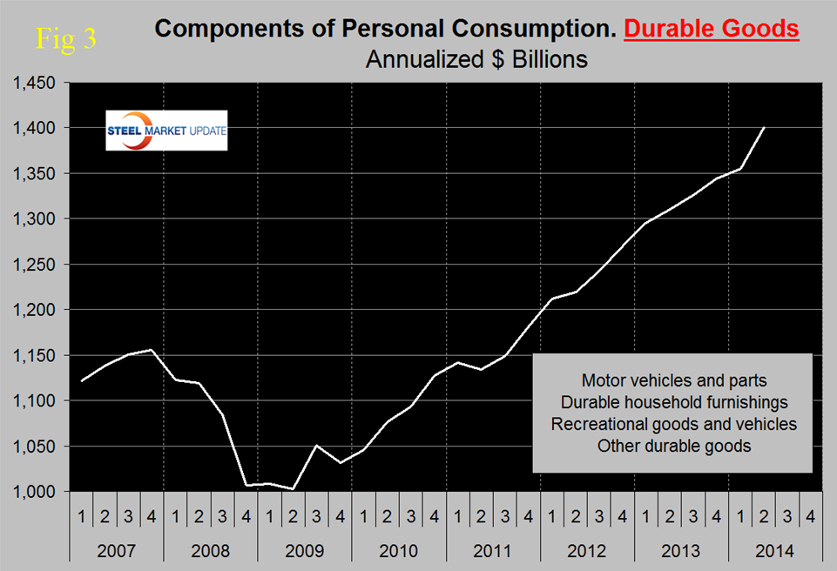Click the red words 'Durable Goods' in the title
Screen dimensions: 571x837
[x=712, y=29]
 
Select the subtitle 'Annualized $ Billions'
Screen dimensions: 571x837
[x=476, y=60]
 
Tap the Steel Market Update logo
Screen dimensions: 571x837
[x=166, y=130]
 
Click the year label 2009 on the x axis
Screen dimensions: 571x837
[x=305, y=551]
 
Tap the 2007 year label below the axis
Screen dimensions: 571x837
[x=117, y=551]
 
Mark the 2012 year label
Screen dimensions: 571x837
[x=587, y=551]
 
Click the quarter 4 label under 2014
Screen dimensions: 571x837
[x=811, y=516]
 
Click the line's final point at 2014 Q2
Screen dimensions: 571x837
[x=764, y=128]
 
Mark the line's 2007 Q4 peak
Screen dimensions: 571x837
[x=152, y=350]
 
